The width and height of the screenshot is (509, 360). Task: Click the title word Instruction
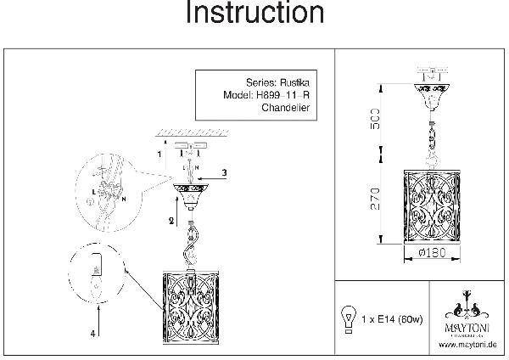pos(254,14)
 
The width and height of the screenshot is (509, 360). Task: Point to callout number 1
pos(159,154)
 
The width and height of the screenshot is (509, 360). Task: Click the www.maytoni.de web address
pos(465,346)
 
